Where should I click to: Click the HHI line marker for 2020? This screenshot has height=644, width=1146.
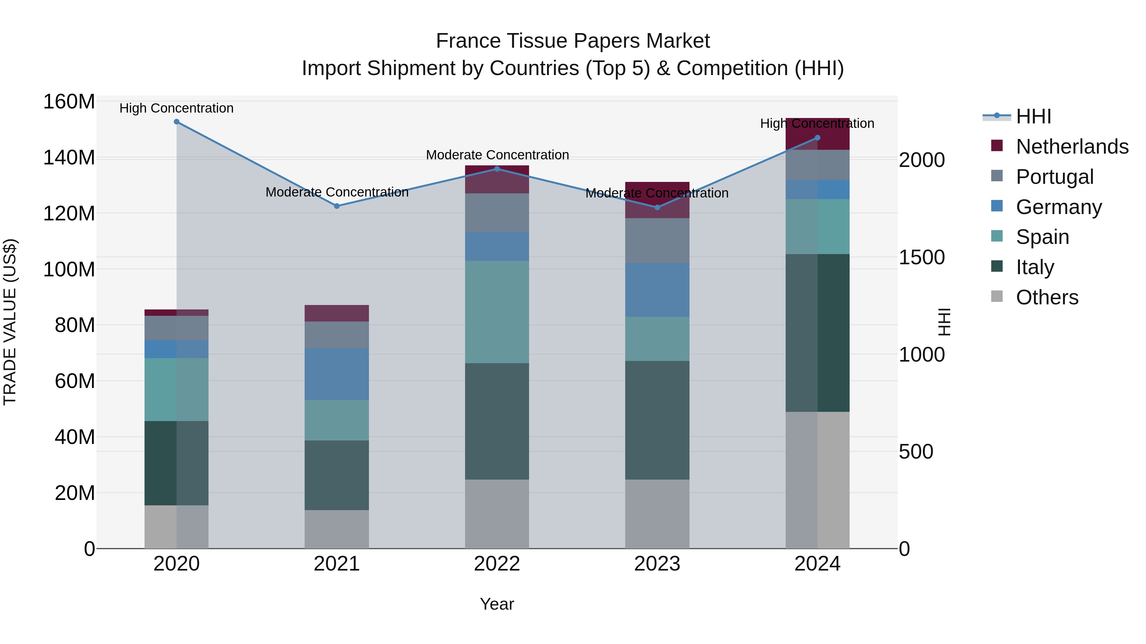pyautogui.click(x=177, y=122)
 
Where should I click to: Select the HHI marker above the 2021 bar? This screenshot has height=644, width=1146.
pyautogui.click(x=337, y=206)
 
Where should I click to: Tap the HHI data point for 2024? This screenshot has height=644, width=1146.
pyautogui.click(x=817, y=138)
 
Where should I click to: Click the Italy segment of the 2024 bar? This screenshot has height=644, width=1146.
pyautogui.click(x=817, y=333)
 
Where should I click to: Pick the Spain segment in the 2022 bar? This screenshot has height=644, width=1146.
pyautogui.click(x=497, y=312)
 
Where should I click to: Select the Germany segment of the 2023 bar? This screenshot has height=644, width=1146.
pyautogui.click(x=657, y=290)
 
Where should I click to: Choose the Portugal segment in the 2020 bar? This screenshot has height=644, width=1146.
pyautogui.click(x=177, y=328)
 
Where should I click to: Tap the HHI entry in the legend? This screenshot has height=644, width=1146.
pyautogui.click(x=1033, y=116)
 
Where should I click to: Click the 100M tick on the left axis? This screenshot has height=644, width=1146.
pyautogui.click(x=69, y=269)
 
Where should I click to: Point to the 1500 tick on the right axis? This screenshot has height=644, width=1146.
pyautogui.click(x=922, y=257)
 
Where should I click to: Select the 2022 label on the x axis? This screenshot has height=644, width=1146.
pyautogui.click(x=497, y=564)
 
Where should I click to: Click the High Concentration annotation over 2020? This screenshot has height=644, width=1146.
pyautogui.click(x=177, y=108)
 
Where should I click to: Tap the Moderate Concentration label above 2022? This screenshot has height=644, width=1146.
pyautogui.click(x=497, y=155)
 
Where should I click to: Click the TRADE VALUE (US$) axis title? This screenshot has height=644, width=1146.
pyautogui.click(x=10, y=322)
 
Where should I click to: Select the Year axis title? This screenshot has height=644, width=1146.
pyautogui.click(x=497, y=604)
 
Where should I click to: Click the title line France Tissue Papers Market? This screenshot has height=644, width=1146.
pyautogui.click(x=573, y=41)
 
